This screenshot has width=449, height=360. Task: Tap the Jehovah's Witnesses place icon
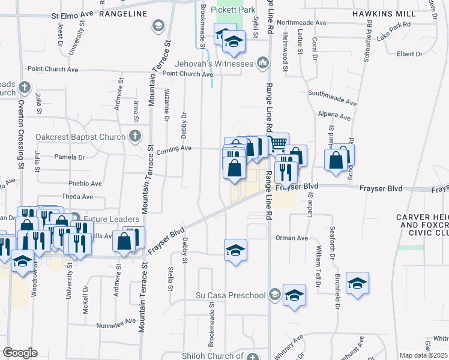tap(262, 63)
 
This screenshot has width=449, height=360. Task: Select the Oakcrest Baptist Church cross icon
tap(135, 137)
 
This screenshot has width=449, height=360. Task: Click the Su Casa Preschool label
tap(231, 295)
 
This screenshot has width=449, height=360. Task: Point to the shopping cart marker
tap(277, 143)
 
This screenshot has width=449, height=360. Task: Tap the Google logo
tap(20, 353)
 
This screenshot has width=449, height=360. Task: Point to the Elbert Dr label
tap(409, 54)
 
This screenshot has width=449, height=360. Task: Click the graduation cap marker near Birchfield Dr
tap(357, 283)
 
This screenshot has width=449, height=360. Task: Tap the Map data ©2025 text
tap(423, 355)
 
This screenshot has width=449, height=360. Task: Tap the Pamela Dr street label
tap(70, 157)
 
